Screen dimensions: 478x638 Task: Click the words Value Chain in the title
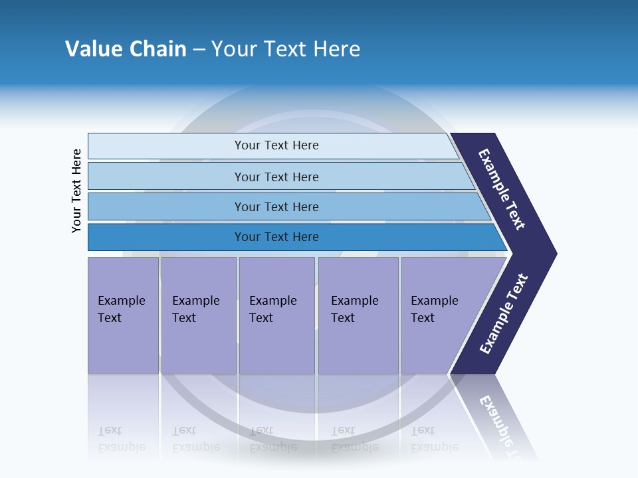pyautogui.click(x=126, y=49)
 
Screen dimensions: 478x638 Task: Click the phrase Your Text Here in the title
pyautogui.click(x=286, y=49)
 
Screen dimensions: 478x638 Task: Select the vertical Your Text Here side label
pyautogui.click(x=76, y=191)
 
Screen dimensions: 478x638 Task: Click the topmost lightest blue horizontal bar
pyautogui.click(x=166, y=145)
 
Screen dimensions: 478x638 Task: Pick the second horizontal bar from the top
pyautogui.click(x=166, y=177)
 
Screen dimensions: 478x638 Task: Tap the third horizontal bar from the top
pyautogui.click(x=166, y=206)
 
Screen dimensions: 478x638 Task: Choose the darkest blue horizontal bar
pyautogui.click(x=166, y=237)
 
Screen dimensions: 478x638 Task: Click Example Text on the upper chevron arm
pyautogui.click(x=502, y=189)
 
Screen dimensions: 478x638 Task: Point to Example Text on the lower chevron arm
pyautogui.click(x=504, y=314)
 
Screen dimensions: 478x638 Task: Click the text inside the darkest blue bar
pyautogui.click(x=276, y=237)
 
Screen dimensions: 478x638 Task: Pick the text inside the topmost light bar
pyautogui.click(x=276, y=145)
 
